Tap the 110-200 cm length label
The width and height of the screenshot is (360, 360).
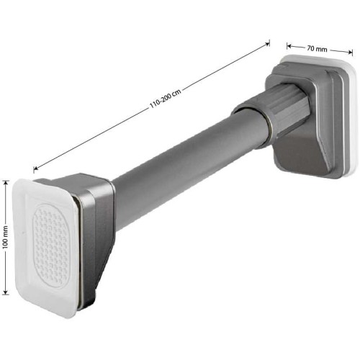click(166, 99)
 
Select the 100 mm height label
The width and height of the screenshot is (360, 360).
click(6, 237)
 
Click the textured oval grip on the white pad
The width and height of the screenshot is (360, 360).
click(51, 246)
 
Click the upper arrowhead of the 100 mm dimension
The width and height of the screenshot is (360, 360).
click(6, 182)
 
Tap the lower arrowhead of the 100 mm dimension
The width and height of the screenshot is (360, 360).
click(6, 292)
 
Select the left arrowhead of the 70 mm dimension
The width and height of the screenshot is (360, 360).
click(289, 46)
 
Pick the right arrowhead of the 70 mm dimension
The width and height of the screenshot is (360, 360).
click(350, 52)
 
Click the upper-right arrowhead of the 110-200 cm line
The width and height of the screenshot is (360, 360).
click(267, 44)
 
